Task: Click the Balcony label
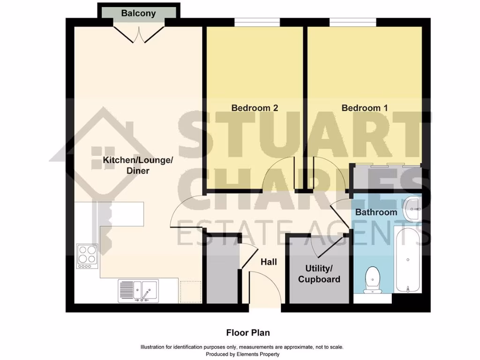click(138, 13)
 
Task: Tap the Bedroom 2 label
click(255, 108)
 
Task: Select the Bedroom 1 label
click(365, 108)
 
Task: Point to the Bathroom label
click(376, 212)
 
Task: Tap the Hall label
click(269, 262)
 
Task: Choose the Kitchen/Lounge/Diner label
click(138, 165)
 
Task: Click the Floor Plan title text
click(248, 333)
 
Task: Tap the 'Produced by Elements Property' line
click(242, 354)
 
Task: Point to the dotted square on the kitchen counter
click(190, 291)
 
